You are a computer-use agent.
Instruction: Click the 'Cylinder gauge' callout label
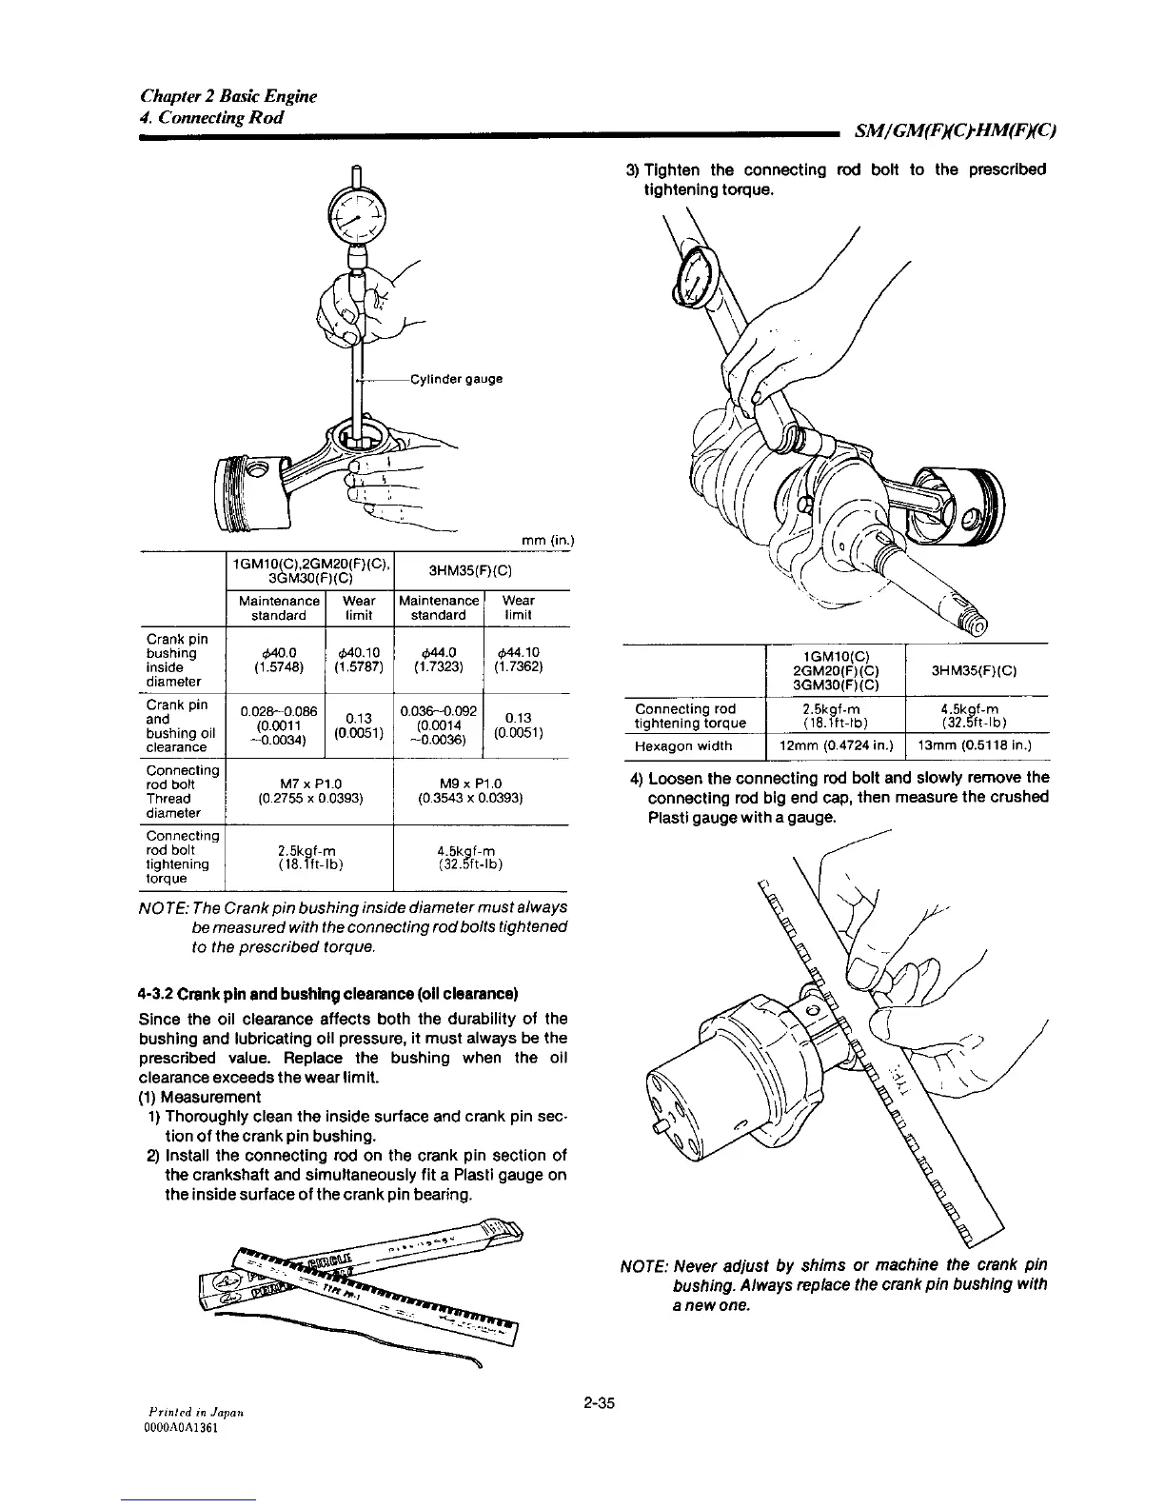(456, 379)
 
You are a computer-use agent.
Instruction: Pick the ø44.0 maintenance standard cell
(439, 660)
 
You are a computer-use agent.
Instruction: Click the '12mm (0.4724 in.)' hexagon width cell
(836, 746)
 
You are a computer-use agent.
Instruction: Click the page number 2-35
(599, 1401)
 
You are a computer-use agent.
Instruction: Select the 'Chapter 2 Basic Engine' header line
(228, 96)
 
